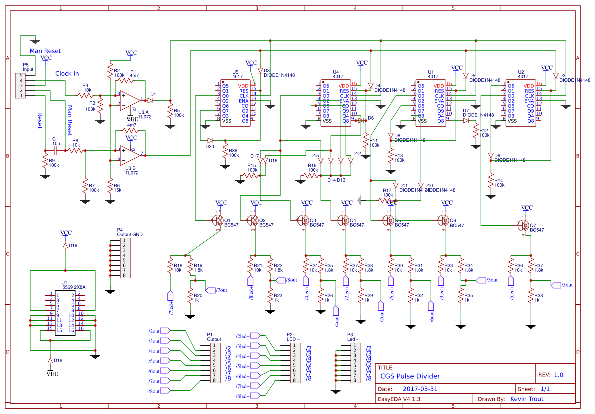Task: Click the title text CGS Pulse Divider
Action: point(410,376)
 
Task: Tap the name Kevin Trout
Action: point(526,399)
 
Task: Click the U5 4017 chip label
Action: point(238,74)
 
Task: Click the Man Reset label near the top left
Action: point(45,51)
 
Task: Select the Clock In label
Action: point(67,73)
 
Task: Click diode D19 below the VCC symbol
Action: point(65,246)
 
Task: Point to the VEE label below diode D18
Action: point(52,374)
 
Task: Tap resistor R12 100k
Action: point(475,132)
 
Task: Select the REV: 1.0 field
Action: point(550,375)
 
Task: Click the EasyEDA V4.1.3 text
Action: point(399,399)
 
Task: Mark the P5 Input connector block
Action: point(20,86)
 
